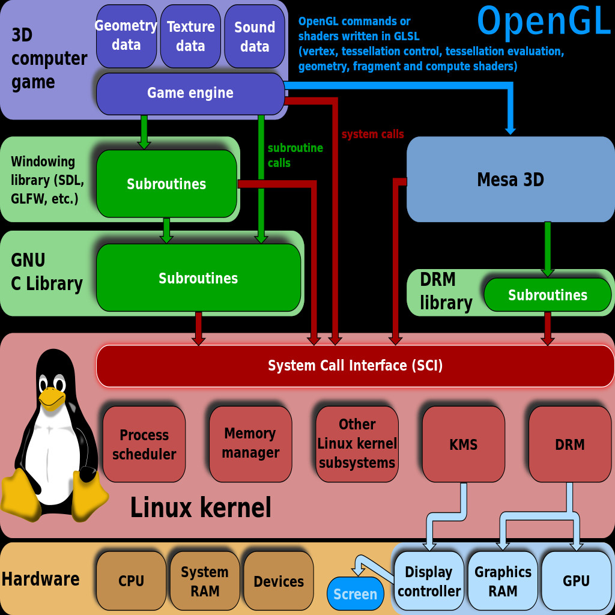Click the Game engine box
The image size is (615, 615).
pos(190,93)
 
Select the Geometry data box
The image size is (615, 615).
pos(126,36)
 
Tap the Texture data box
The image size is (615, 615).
pos(190,36)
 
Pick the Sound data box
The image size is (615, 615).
pos(255,36)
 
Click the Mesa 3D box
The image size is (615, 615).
pos(510,180)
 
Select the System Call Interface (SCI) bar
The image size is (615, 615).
pos(355,366)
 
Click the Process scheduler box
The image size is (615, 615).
pos(144,444)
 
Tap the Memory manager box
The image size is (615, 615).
pos(250,444)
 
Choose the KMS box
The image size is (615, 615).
pos(463,444)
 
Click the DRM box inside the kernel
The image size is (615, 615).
pos(569,444)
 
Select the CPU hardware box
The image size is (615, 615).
pos(131,581)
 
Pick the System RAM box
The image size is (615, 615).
pos(205,581)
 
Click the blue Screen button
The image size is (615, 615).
pos(355,594)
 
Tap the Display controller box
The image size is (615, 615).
pos(429,581)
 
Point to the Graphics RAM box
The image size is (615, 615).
pos(503,581)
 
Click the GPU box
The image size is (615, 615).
pos(576,581)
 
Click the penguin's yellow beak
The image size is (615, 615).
pos(52,398)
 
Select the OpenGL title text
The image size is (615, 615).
pos(544,22)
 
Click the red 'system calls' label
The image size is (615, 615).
pos(372,135)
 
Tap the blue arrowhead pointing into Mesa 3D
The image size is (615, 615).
pos(510,130)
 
